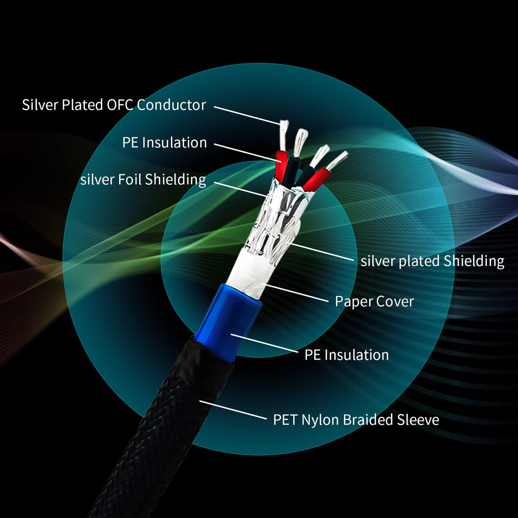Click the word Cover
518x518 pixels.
pyautogui.click(x=395, y=301)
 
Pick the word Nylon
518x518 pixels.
pyautogui.click(x=320, y=420)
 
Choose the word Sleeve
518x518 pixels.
pyautogui.click(x=418, y=420)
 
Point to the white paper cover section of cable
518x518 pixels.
pyautogui.click(x=248, y=274)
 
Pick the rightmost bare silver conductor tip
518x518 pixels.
pyautogui.click(x=338, y=160)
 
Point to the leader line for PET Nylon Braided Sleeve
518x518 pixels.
pyautogui.click(x=233, y=410)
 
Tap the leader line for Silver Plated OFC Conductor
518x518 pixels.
pyautogui.click(x=246, y=115)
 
